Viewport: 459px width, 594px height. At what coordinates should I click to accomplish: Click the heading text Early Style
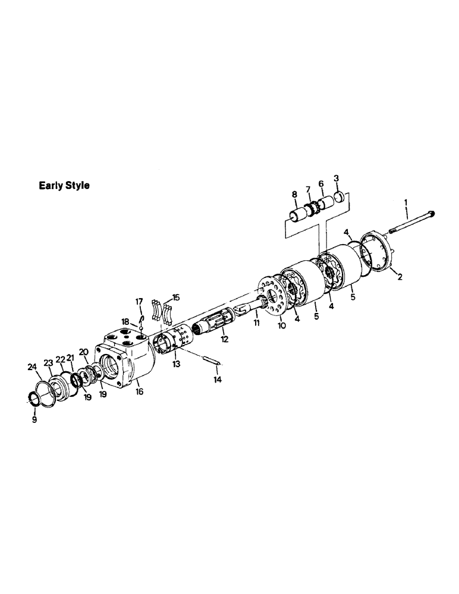64,185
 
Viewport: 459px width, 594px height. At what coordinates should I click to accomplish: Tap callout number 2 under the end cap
336,178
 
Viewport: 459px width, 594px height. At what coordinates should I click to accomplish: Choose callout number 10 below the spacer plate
282,326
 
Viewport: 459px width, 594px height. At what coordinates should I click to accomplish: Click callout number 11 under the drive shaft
257,323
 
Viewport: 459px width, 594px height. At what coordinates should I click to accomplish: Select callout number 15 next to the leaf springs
175,297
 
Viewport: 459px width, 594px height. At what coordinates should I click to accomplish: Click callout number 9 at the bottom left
34,419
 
